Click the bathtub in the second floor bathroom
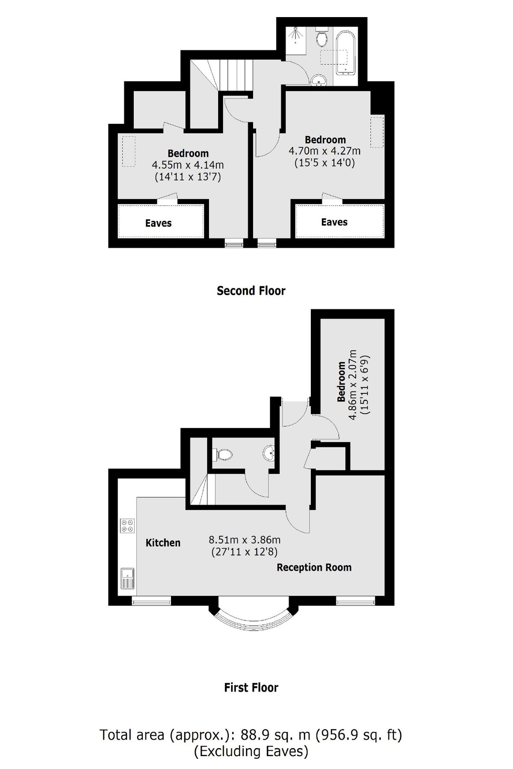click(346, 53)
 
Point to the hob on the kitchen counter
click(127, 525)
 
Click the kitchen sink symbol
click(127, 578)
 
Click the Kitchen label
click(163, 543)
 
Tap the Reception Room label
click(314, 567)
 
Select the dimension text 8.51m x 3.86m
click(245, 540)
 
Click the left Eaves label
click(158, 223)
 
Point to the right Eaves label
click(334, 222)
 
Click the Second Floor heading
click(251, 291)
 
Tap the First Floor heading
click(251, 687)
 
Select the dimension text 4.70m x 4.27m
click(324, 151)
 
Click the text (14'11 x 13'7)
click(188, 176)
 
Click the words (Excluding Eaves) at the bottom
click(251, 751)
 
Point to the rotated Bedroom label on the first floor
click(341, 382)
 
